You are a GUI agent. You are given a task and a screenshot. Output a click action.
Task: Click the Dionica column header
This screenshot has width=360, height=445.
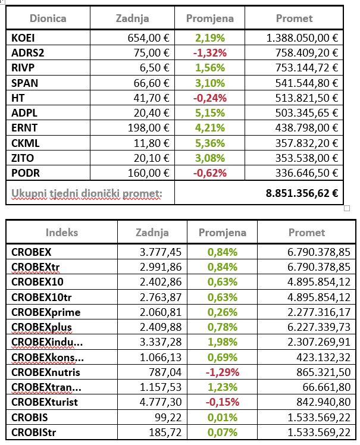pos(48,18)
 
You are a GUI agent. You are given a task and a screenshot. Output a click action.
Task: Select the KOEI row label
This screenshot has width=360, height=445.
pos(24,37)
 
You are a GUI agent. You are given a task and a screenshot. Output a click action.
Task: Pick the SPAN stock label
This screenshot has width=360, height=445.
pos(24,83)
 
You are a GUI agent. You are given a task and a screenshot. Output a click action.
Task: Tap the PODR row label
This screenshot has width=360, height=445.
pos(25,173)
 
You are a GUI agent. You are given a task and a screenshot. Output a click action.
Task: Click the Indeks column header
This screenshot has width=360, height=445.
pos(61,233)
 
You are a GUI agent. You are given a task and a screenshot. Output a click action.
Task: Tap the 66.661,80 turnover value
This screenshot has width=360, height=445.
pos(325,387)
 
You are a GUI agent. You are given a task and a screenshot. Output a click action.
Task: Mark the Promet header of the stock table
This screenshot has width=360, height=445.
pos(294,18)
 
